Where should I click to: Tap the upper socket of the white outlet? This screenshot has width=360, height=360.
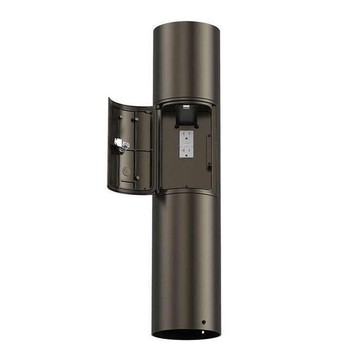(x=186, y=137)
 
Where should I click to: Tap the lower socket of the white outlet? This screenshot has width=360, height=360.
(x=186, y=151)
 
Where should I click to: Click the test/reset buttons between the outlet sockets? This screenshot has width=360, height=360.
(x=186, y=144)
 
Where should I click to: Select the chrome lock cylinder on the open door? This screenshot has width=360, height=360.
(x=121, y=145)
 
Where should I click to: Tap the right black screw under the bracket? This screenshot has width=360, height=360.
(x=195, y=125)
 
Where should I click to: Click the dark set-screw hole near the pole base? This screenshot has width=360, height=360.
(x=204, y=322)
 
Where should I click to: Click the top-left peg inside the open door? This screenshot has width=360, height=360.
(x=120, y=117)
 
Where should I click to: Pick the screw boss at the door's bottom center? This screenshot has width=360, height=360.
(x=137, y=178)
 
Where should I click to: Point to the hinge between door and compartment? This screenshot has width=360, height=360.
(x=155, y=149)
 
